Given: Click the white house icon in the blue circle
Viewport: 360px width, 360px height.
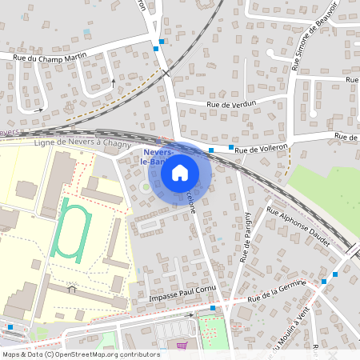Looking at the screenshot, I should point(180,172).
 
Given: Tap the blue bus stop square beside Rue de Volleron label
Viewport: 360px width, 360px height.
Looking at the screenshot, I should point(230,148).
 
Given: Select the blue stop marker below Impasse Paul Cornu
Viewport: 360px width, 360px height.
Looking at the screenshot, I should point(213,307).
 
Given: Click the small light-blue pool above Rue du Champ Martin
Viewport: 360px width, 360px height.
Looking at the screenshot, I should point(86,32).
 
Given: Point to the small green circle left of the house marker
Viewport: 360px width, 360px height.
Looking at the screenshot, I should point(144,186).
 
